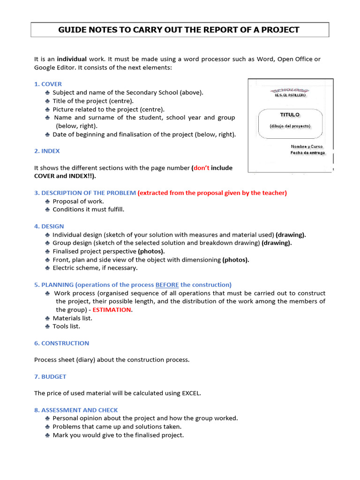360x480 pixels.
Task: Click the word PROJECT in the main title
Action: click(x=278, y=30)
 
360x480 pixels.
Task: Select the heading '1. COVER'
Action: click(x=48, y=84)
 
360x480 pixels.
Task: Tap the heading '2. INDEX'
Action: click(x=47, y=151)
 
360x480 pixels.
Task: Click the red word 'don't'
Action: click(x=201, y=168)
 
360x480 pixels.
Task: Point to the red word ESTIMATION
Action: click(x=112, y=310)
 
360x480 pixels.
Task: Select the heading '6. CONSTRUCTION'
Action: click(x=61, y=343)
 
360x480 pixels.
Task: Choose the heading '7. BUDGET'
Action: click(x=50, y=376)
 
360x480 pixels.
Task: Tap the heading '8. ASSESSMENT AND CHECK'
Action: click(x=76, y=410)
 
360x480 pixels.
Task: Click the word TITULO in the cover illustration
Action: click(x=290, y=115)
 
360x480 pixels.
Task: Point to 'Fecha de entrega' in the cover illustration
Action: click(x=307, y=153)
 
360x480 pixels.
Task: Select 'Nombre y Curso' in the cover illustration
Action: click(x=307, y=147)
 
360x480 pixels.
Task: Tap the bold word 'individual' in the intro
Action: click(x=72, y=59)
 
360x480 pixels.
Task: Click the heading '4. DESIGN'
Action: click(x=49, y=226)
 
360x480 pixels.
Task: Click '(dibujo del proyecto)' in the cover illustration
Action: click(x=290, y=126)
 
